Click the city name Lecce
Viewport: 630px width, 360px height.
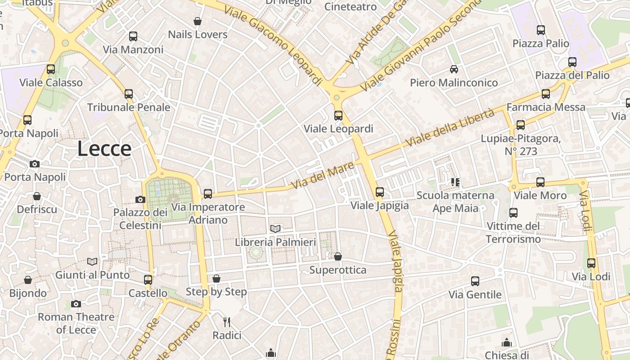pos(104,149)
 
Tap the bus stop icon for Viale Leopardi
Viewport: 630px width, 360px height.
pos(338,116)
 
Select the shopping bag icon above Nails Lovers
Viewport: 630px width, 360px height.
pos(197,21)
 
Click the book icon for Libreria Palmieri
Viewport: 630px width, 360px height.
pos(275,229)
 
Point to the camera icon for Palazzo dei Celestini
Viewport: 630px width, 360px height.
pos(140,199)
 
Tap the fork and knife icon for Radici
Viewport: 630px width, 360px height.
pos(227,322)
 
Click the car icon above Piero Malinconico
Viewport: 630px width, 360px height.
pos(454,69)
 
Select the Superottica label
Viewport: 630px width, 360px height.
pos(337,270)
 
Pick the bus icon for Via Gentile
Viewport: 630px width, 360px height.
pos(475,281)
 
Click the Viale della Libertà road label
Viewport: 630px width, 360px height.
pos(450,128)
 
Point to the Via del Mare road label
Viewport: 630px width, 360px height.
pos(322,176)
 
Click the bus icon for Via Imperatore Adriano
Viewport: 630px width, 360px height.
pos(207,194)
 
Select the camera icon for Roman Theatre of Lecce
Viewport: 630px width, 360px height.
pos(76,304)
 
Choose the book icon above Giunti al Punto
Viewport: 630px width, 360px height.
pos(92,261)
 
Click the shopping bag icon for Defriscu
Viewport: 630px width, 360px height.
pos(37,197)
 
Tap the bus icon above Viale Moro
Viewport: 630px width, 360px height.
pos(540,182)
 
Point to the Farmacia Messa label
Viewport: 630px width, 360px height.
pos(546,107)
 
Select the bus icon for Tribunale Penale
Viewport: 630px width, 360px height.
pos(129,94)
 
